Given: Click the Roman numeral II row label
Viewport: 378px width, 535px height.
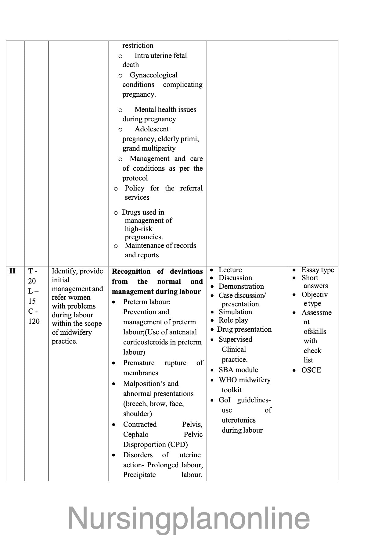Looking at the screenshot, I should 13,271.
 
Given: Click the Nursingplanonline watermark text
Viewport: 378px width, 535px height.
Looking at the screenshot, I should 189,518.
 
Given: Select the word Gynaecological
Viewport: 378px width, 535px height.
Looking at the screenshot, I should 153,75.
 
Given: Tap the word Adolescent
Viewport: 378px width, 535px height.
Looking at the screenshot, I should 152,129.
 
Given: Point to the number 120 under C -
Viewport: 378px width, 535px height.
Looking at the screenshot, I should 34,321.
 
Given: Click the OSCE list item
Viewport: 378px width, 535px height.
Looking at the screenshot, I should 311,370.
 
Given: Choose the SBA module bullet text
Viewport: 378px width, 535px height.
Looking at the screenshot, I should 238,370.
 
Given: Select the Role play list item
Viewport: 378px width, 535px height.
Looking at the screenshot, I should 233,320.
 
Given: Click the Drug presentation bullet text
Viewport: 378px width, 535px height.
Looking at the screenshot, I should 244,329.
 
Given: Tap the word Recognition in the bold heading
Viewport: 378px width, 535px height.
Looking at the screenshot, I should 131,271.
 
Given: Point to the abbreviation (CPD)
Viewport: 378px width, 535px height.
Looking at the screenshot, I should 177,444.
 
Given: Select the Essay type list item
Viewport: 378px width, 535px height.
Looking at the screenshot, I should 318,270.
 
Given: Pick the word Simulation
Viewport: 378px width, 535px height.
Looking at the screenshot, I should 235,312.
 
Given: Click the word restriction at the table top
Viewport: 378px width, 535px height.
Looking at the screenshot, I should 138,45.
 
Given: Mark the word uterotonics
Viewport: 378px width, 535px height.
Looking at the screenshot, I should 239,420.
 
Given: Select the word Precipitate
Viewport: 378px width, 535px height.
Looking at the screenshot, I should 139,475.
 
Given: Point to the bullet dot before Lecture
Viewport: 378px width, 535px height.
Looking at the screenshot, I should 212,270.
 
